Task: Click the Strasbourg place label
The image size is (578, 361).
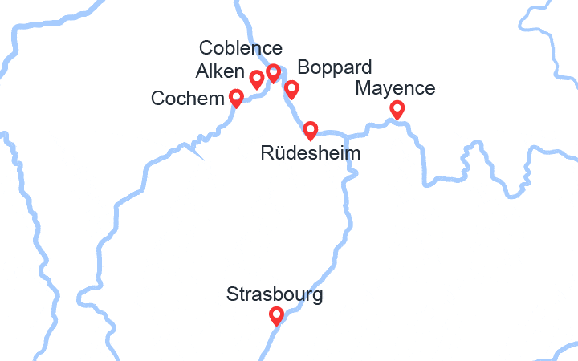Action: pos(275,294)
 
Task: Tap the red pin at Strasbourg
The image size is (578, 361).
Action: pos(276,315)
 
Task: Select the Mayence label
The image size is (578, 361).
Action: pos(395,87)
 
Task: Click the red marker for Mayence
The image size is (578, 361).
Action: pos(397,109)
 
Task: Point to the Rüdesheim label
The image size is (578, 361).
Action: pos(311,152)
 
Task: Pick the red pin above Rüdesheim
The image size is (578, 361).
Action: pos(310,129)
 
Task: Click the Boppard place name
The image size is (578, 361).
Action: pos(334,67)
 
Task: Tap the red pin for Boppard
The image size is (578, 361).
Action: pos(291,88)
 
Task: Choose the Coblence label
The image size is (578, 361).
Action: pos(240,48)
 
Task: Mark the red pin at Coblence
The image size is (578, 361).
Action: pos(273,73)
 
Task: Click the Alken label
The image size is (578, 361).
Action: pos(219,72)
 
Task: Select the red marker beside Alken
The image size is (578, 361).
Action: pos(257,79)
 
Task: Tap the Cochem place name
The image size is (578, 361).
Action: pos(188,99)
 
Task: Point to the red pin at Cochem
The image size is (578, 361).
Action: pos(236,98)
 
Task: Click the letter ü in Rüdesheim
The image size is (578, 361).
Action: pos(276,152)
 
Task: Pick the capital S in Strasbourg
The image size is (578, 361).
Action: pos(232,294)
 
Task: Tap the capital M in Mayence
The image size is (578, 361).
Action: pos(362,87)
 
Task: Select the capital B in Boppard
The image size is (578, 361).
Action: pos(302,67)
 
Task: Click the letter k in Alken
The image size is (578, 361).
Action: pos(216,72)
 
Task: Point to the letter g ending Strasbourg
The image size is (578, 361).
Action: pos(318,296)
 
